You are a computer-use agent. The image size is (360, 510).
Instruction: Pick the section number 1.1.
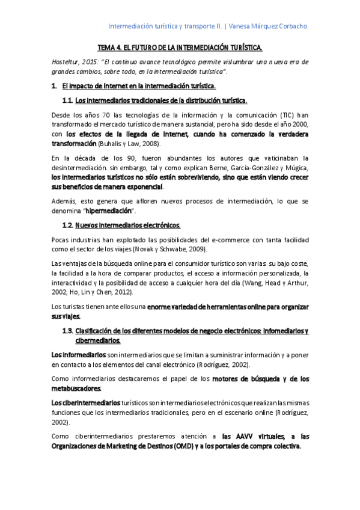67,100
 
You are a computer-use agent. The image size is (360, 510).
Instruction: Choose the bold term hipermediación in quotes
110,211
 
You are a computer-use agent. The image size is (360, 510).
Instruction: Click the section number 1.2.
67,226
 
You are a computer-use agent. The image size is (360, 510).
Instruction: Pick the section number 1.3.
67,331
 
